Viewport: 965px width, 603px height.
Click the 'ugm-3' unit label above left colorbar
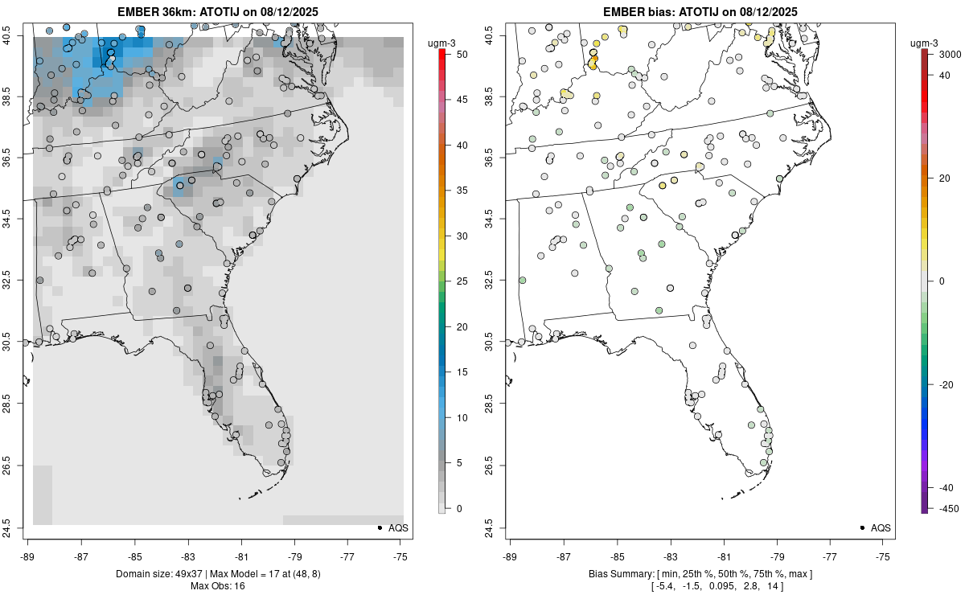(443, 42)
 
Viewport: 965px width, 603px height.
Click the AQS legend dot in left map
(379, 527)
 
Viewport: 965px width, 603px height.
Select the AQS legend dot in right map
(861, 527)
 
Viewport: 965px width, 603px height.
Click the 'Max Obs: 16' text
(217, 586)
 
